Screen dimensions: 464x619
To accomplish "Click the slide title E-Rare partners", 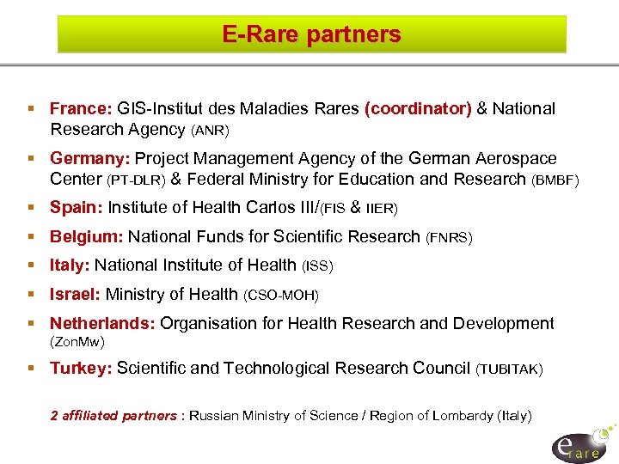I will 311,34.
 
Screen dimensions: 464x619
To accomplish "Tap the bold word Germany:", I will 90,159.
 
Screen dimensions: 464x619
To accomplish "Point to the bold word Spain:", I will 77,207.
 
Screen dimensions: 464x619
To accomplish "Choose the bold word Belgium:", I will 87,236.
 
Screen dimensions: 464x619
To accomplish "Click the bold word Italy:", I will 70,266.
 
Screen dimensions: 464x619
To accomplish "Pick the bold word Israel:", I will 76,295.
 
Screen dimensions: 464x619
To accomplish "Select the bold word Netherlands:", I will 103,324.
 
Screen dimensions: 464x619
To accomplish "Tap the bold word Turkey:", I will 82,369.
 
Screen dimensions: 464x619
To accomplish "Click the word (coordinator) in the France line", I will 418,109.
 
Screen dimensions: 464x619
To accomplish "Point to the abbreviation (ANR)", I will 210,131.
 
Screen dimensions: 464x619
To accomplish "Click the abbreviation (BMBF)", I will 556,180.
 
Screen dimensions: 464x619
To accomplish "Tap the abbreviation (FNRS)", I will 449,237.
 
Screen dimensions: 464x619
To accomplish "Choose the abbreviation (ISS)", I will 317,266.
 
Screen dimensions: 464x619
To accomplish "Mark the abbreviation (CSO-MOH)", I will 281,296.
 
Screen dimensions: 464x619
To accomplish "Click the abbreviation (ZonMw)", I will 77,342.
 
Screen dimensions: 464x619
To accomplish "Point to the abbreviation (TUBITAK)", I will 509,369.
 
